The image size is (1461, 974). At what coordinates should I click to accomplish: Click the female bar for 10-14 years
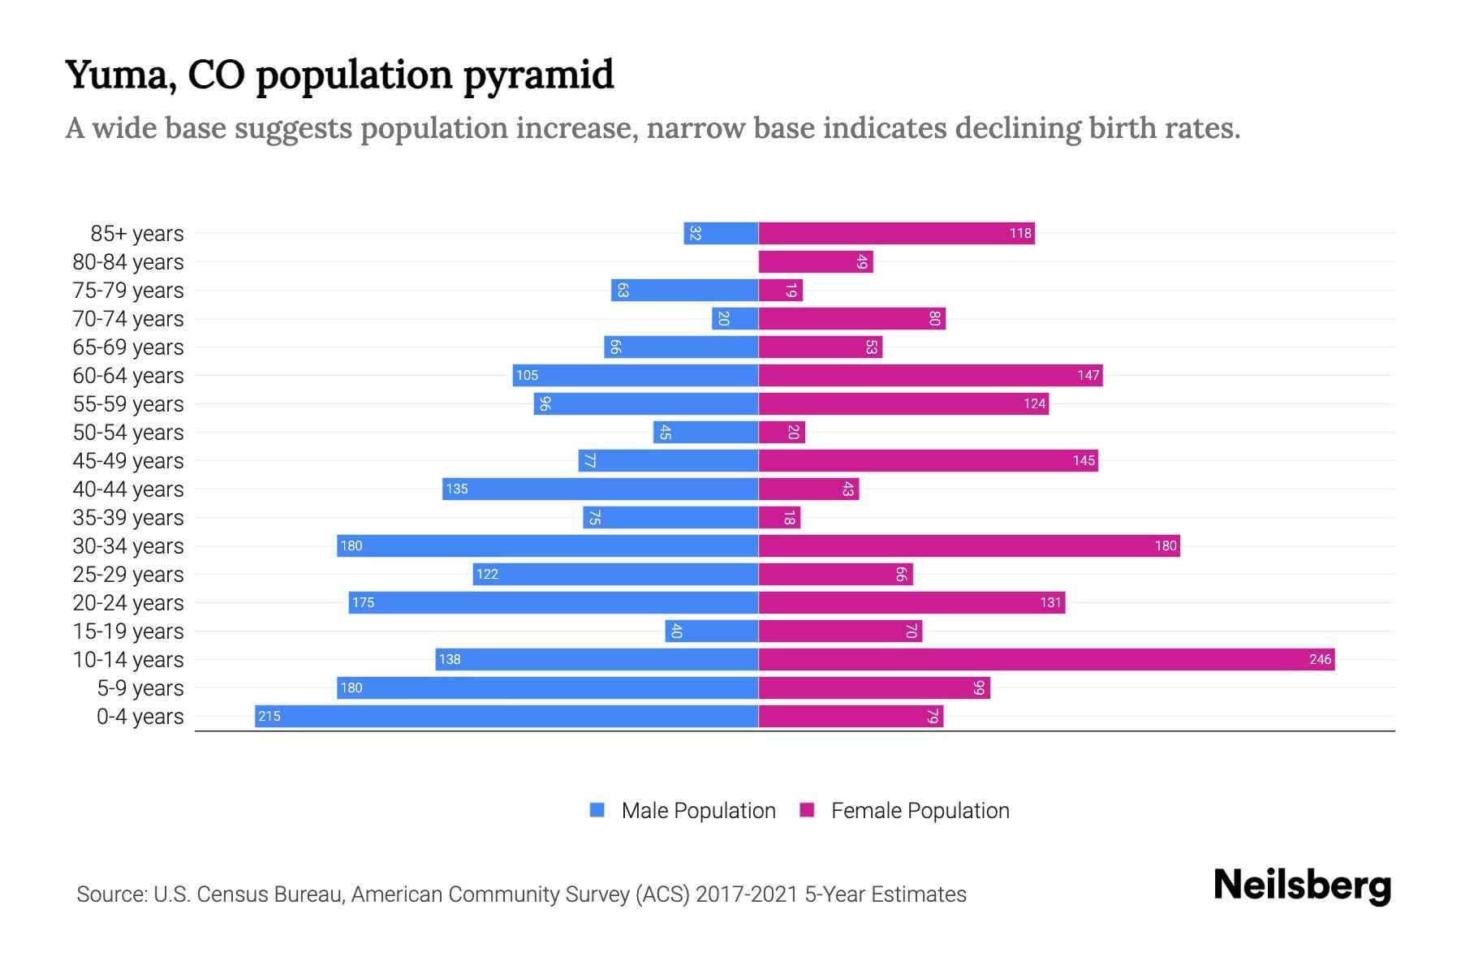click(x=1046, y=659)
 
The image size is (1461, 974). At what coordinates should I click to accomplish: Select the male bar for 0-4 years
click(x=506, y=716)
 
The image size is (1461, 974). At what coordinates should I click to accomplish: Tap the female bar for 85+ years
click(x=896, y=234)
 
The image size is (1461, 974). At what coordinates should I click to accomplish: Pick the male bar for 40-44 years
click(x=601, y=489)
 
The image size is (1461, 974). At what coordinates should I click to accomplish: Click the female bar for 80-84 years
click(x=816, y=262)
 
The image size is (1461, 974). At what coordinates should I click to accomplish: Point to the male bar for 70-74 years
click(x=735, y=319)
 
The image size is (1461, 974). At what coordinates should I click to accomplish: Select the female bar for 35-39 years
click(x=779, y=517)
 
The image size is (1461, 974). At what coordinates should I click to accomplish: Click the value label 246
click(x=1320, y=659)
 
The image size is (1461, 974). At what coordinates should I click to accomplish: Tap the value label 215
click(x=269, y=716)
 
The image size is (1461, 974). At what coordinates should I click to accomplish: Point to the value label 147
click(x=1088, y=375)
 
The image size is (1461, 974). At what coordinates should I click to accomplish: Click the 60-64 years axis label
click(x=128, y=376)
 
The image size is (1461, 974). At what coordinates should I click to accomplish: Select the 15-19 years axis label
click(x=128, y=631)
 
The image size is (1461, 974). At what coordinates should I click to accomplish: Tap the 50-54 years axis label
click(x=128, y=433)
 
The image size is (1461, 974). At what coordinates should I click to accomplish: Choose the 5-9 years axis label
click(x=140, y=688)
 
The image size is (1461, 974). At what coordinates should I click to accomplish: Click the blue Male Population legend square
click(x=597, y=810)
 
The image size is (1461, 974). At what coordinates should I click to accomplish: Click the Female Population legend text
click(x=920, y=810)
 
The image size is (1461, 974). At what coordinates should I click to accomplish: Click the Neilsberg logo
click(x=1302, y=886)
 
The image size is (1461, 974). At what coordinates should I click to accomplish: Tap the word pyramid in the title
click(x=538, y=75)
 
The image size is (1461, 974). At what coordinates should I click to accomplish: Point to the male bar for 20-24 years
click(x=554, y=602)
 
